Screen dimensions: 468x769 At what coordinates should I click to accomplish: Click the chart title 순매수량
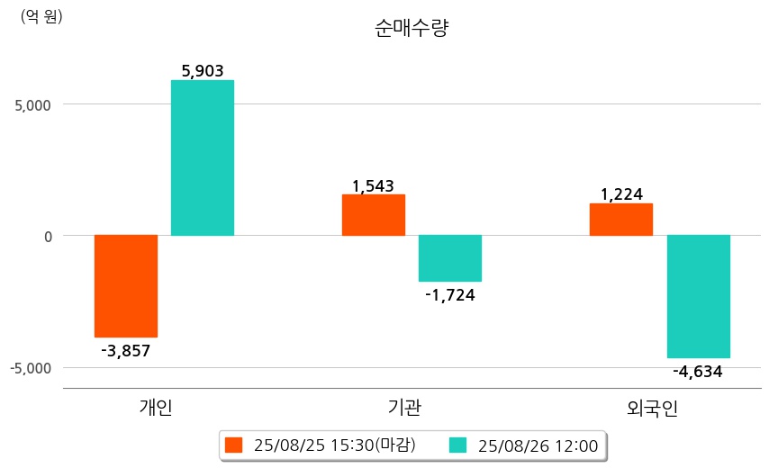411,29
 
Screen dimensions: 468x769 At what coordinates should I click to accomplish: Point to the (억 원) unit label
41,16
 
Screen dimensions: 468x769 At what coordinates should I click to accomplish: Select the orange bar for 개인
126,285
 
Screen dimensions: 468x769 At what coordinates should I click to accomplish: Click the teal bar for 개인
202,157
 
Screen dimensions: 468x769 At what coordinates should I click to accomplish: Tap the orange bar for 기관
374,214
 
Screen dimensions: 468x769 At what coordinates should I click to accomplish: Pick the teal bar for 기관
449,258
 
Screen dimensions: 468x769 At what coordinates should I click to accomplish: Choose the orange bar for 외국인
621,219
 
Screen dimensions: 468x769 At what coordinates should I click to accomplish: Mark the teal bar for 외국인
698,296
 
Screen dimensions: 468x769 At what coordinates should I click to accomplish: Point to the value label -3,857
126,350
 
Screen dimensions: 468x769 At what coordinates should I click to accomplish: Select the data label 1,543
373,186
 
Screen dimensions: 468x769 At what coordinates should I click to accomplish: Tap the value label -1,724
449,294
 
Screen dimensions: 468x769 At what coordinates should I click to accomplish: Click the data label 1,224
621,194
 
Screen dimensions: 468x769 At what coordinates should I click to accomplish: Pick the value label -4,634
698,371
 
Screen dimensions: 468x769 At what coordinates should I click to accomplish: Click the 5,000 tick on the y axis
33,104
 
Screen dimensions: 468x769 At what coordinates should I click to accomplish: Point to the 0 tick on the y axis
49,236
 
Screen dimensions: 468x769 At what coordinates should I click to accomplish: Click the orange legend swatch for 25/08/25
234,445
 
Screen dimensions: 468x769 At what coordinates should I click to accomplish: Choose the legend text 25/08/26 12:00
538,445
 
